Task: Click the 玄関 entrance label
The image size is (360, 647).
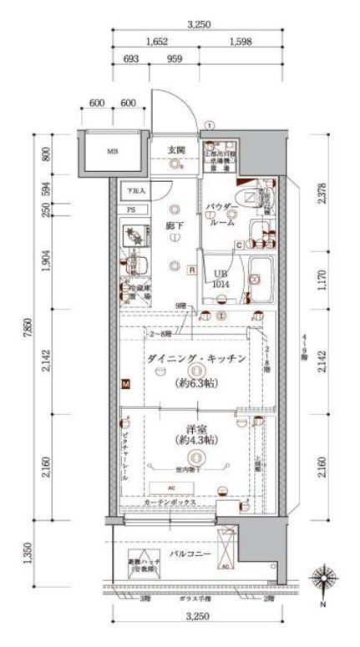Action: click(175, 149)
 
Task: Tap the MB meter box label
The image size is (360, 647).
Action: click(112, 152)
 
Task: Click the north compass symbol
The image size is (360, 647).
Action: click(321, 581)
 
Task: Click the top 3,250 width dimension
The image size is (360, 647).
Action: click(198, 25)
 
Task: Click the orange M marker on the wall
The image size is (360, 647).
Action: click(125, 385)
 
